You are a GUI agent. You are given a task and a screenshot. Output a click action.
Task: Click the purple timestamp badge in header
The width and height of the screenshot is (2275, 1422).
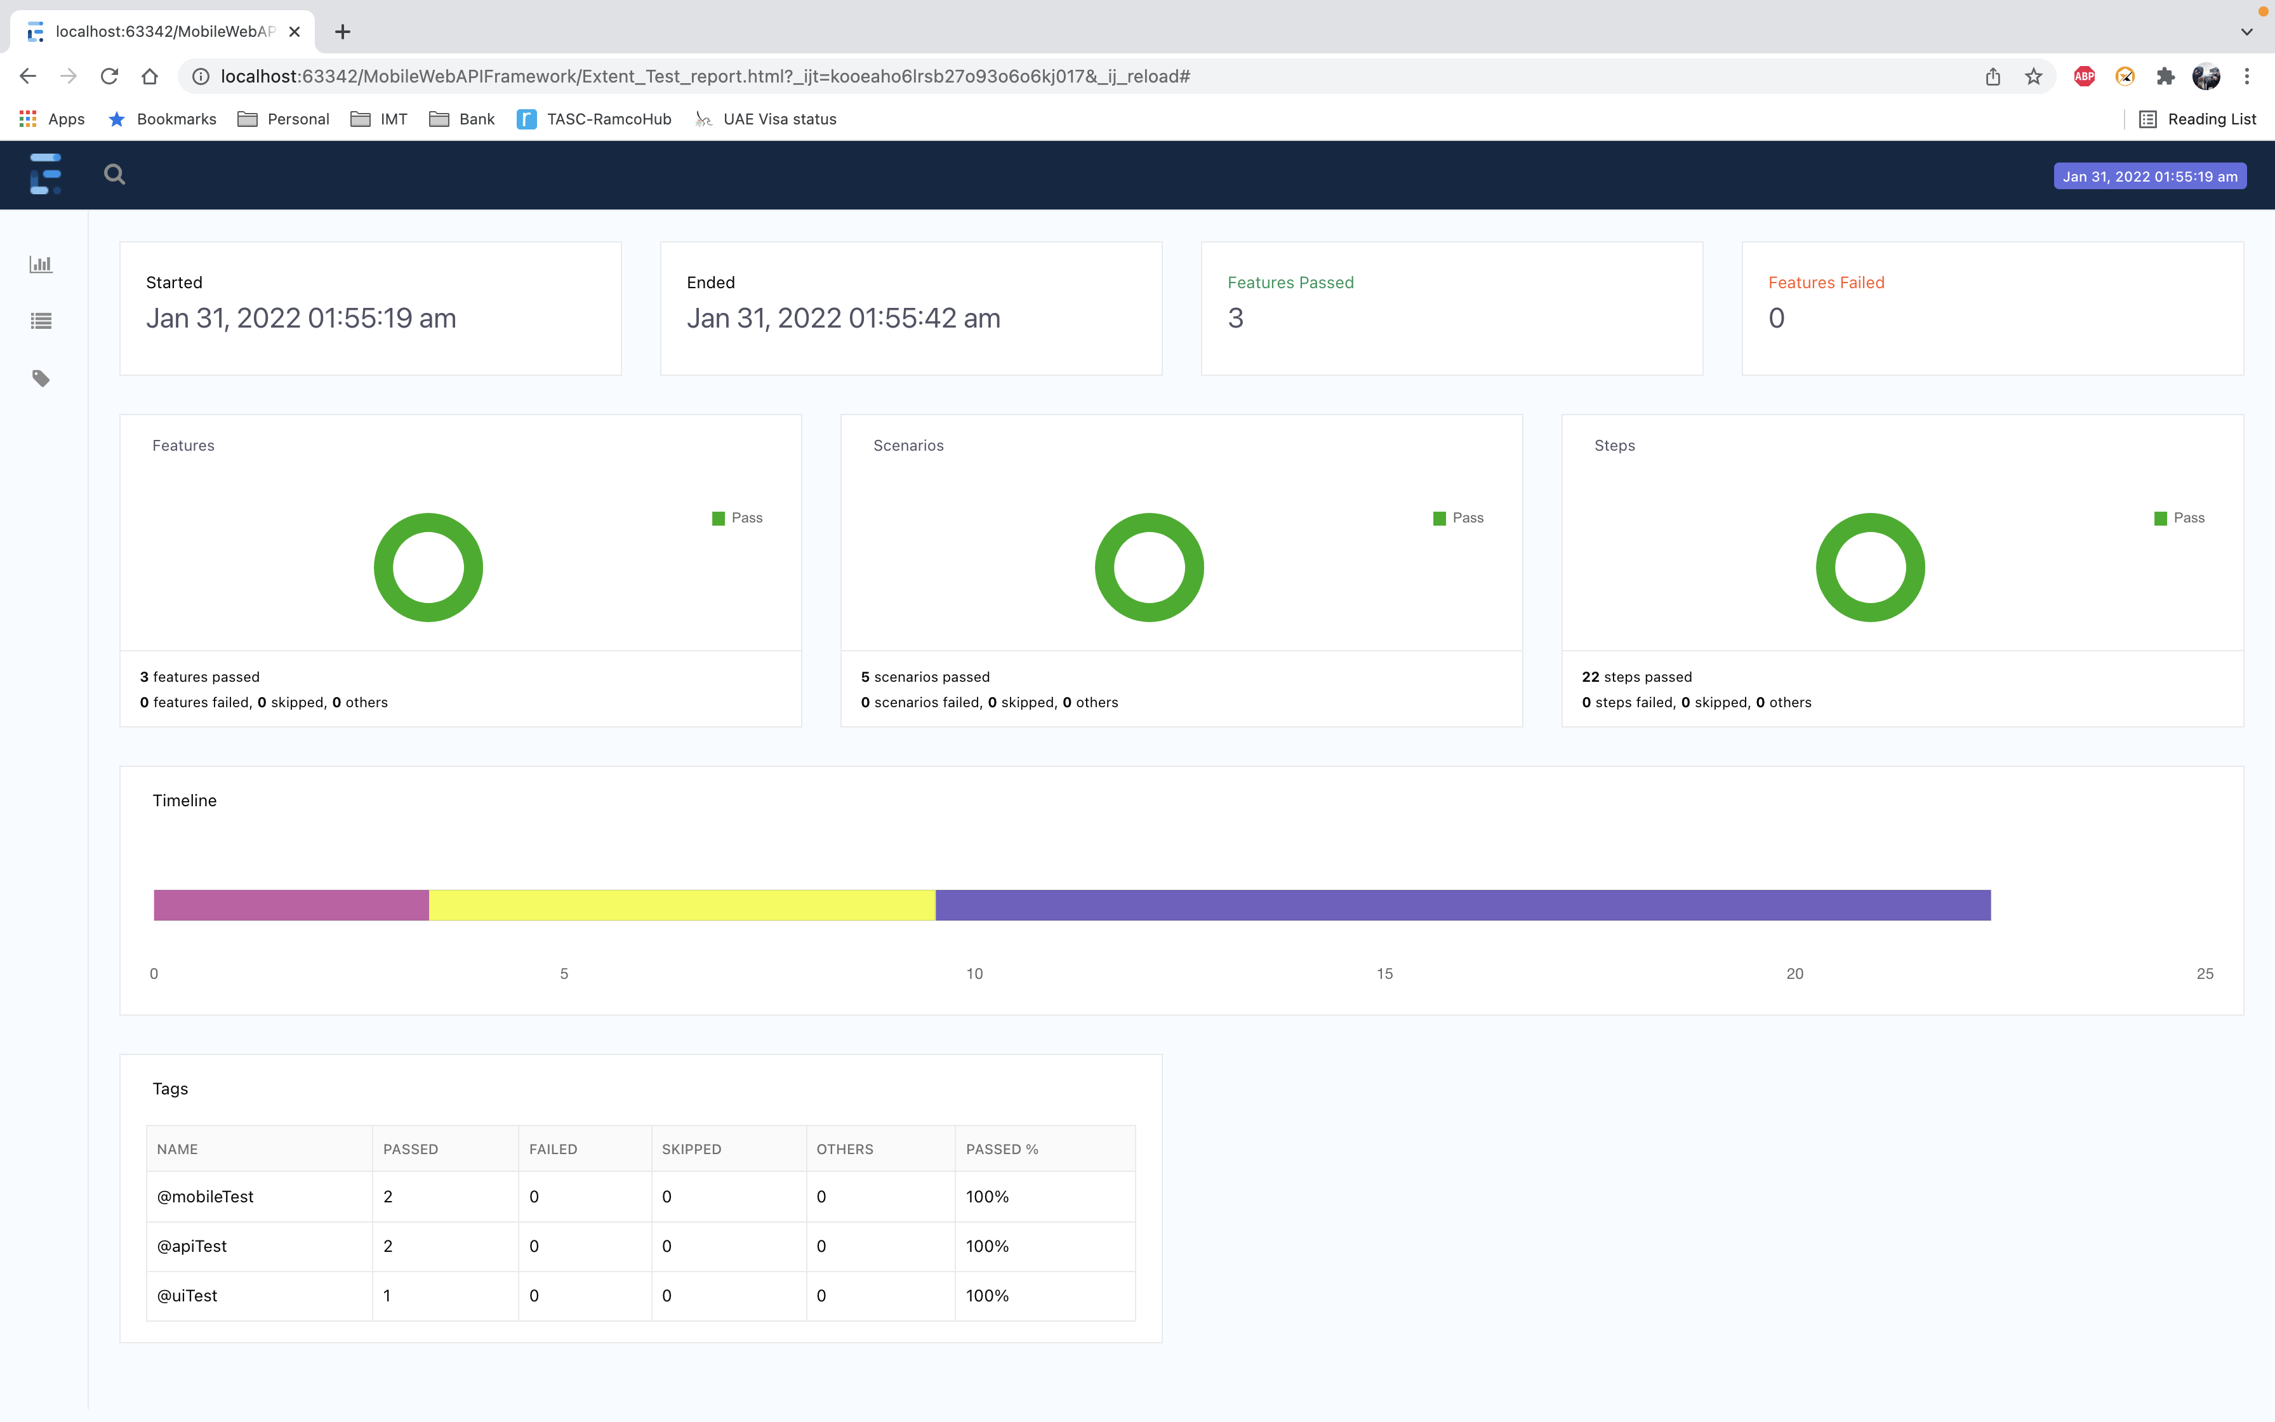point(2149,177)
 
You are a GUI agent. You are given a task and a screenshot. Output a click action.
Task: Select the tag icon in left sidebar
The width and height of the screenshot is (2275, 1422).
point(41,378)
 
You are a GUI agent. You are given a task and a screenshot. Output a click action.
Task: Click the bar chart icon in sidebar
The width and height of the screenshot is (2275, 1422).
point(41,264)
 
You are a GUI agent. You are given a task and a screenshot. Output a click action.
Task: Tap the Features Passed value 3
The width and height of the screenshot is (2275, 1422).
point(1235,319)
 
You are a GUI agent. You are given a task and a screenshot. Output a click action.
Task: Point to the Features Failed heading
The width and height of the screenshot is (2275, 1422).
point(1826,282)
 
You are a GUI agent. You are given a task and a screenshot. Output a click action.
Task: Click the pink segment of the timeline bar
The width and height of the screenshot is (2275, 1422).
point(291,905)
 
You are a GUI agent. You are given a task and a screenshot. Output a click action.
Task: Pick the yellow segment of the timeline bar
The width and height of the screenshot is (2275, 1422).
point(682,905)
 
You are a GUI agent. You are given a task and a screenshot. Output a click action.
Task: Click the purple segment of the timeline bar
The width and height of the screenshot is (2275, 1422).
point(1462,905)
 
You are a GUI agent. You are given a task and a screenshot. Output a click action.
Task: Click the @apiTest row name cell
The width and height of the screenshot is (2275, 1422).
point(192,1246)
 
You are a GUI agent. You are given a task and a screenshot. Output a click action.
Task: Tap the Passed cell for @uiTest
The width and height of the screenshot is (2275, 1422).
point(387,1295)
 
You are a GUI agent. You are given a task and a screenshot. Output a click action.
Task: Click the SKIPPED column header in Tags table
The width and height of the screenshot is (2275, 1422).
point(691,1149)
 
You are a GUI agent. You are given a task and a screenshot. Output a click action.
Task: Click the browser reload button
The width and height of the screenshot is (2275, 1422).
point(109,76)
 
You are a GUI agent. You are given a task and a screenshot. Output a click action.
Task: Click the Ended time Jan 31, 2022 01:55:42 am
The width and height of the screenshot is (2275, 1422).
point(843,319)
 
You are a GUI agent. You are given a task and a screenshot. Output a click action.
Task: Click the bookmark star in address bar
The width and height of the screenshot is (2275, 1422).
point(2033,76)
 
